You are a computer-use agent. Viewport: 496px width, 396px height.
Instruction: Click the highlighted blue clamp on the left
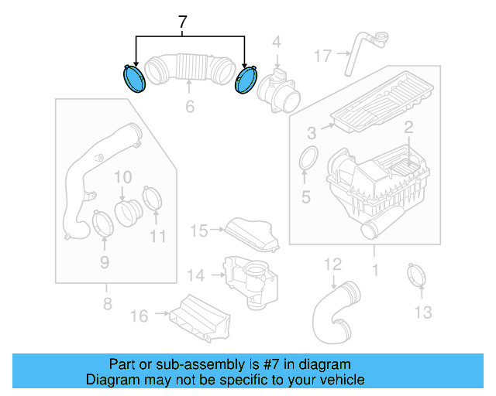pos(135,79)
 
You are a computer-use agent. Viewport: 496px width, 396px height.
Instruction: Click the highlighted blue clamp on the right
pos(246,80)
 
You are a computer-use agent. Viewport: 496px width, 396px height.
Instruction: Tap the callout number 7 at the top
pos(183,24)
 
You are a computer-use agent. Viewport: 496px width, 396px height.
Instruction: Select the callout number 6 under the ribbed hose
pos(190,107)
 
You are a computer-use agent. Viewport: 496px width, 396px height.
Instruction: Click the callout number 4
pos(276,42)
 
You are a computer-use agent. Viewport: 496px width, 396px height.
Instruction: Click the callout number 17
pos(322,55)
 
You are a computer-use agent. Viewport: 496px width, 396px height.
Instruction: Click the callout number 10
pos(122,178)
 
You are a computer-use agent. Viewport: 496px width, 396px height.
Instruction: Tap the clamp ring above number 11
pos(153,197)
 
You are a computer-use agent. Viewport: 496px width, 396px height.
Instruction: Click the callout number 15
pos(199,230)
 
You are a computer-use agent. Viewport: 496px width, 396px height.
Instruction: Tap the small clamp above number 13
pos(418,274)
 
